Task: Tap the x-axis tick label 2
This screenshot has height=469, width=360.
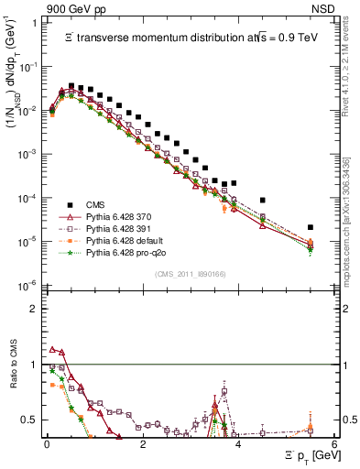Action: tap(142, 443)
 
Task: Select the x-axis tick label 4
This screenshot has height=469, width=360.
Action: tap(238, 443)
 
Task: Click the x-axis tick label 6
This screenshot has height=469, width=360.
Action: tap(334, 443)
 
